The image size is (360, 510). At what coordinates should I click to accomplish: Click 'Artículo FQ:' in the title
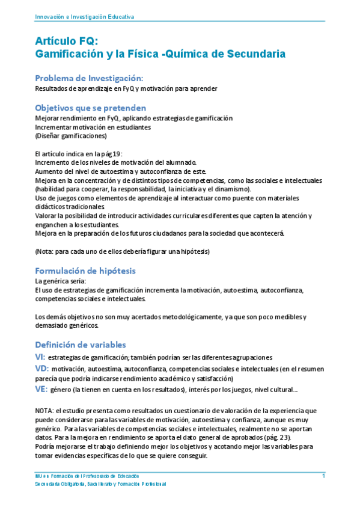tap(66, 41)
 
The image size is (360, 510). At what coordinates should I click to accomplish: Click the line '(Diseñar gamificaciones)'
tap(71, 135)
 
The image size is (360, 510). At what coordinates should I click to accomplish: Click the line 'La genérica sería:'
tap(61, 281)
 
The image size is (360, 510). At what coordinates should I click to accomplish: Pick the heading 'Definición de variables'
tap(81, 345)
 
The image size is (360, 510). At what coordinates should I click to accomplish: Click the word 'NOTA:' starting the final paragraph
tap(45, 410)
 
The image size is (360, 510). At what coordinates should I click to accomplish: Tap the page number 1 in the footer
tap(323, 476)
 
